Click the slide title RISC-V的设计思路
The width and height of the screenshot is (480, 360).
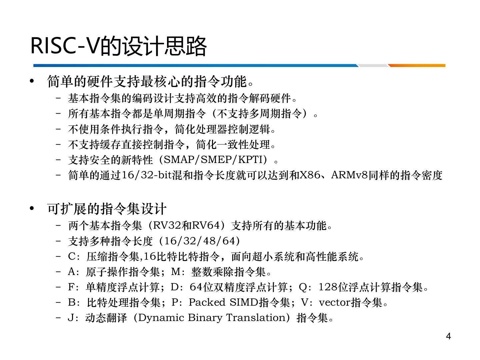pyautogui.click(x=119, y=46)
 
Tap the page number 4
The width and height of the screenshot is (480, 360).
pyautogui.click(x=448, y=336)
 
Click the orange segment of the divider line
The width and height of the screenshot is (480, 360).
pyautogui.click(x=417, y=66)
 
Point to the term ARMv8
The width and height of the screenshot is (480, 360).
pyautogui.click(x=349, y=175)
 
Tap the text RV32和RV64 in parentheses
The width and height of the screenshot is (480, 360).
pyautogui.click(x=186, y=225)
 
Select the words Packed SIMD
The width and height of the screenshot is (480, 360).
pyautogui.click(x=223, y=303)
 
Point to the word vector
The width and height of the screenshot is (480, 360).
pyautogui.click(x=335, y=303)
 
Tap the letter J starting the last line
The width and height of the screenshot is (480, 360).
pyautogui.click(x=71, y=318)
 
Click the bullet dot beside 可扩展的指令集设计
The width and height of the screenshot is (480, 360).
pyautogui.click(x=32, y=209)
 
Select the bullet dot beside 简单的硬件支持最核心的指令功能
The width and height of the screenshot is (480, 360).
pyautogui.click(x=32, y=81)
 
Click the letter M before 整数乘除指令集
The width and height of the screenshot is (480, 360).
pyautogui.click(x=176, y=272)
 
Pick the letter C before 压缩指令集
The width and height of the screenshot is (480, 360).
pyautogui.click(x=72, y=256)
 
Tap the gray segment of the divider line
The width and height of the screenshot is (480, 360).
pyautogui.click(x=373, y=66)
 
